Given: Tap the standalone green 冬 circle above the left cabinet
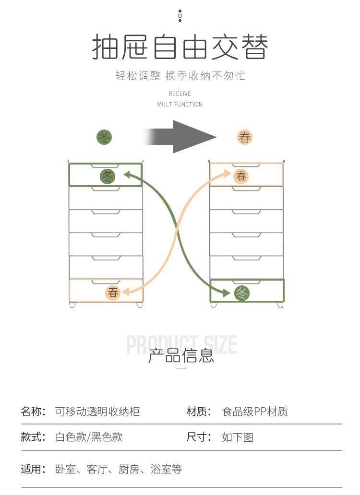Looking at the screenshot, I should tap(104, 138).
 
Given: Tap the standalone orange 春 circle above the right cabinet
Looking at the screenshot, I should tap(245, 138).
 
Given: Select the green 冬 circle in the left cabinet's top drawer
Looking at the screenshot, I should tap(108, 176).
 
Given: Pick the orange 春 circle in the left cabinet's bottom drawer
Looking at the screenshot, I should tap(113, 292).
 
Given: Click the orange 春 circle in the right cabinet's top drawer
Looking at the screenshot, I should tap(241, 176).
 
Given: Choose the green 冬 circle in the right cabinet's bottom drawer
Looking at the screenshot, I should tap(242, 293).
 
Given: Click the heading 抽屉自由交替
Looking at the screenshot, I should tap(180, 47).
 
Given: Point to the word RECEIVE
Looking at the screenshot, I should tap(180, 94).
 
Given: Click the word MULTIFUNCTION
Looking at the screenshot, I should tap(180, 105).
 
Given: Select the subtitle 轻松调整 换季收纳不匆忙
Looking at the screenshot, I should tap(180, 76).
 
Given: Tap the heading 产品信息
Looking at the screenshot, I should tap(181, 356).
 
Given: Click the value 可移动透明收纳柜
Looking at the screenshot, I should tap(97, 412).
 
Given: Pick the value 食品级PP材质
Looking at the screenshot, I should tap(255, 412).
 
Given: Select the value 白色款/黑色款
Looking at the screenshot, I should tap(89, 437).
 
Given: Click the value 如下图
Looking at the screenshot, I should tap(238, 437).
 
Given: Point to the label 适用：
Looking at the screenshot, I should tap(33, 469).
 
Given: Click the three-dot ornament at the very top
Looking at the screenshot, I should tap(180, 16).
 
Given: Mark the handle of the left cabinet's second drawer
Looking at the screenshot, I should tap(106, 189).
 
